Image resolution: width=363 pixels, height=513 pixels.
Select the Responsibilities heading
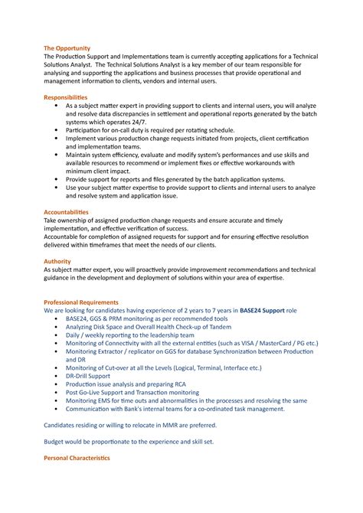coord(66,98)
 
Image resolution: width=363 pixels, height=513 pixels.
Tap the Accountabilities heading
coord(67,211)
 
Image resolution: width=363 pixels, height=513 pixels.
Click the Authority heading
coord(57,261)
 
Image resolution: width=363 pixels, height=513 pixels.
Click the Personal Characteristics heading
coord(77,458)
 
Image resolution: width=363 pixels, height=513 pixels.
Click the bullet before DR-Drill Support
coord(59,376)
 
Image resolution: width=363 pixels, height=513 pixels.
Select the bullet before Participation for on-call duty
coord(59,131)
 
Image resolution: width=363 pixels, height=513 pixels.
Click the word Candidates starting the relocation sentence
coord(64,425)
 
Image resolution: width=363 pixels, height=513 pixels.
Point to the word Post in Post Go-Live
coord(72,392)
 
